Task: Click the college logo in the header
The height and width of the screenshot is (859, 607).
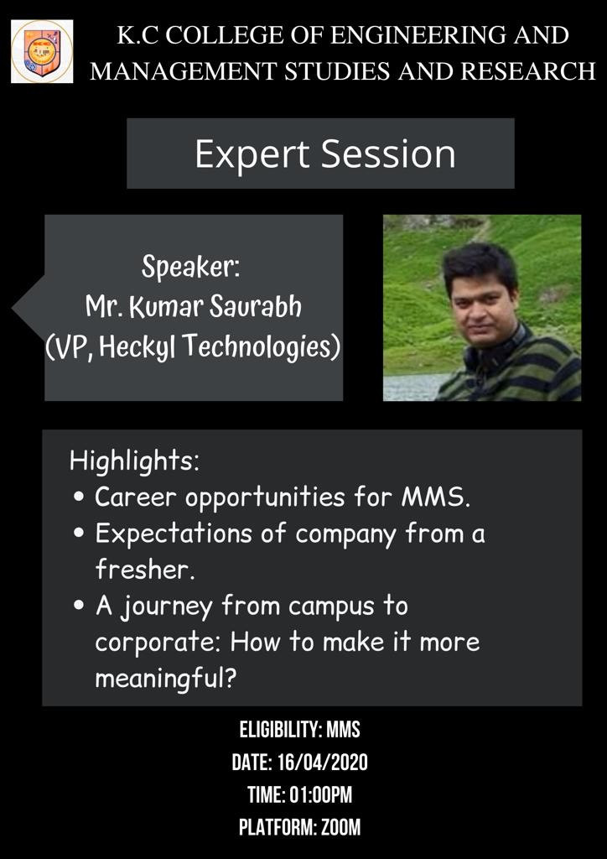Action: pyautogui.click(x=42, y=51)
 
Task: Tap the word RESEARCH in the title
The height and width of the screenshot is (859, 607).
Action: pyautogui.click(x=528, y=70)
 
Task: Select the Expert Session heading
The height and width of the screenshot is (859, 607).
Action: pyautogui.click(x=325, y=154)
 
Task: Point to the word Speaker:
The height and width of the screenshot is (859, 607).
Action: pyautogui.click(x=191, y=268)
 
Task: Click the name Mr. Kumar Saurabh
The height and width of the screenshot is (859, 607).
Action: pyautogui.click(x=193, y=308)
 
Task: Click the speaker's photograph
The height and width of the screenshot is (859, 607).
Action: pyautogui.click(x=481, y=308)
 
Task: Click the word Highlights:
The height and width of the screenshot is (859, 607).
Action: pyautogui.click(x=135, y=462)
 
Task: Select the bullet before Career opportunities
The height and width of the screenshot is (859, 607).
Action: pyautogui.click(x=80, y=498)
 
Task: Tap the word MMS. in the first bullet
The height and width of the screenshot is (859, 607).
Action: pyautogui.click(x=436, y=497)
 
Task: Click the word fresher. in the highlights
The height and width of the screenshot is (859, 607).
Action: pyautogui.click(x=145, y=570)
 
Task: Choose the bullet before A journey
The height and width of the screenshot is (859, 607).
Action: pyautogui.click(x=80, y=607)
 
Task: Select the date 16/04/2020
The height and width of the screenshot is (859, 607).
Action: pyautogui.click(x=323, y=763)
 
